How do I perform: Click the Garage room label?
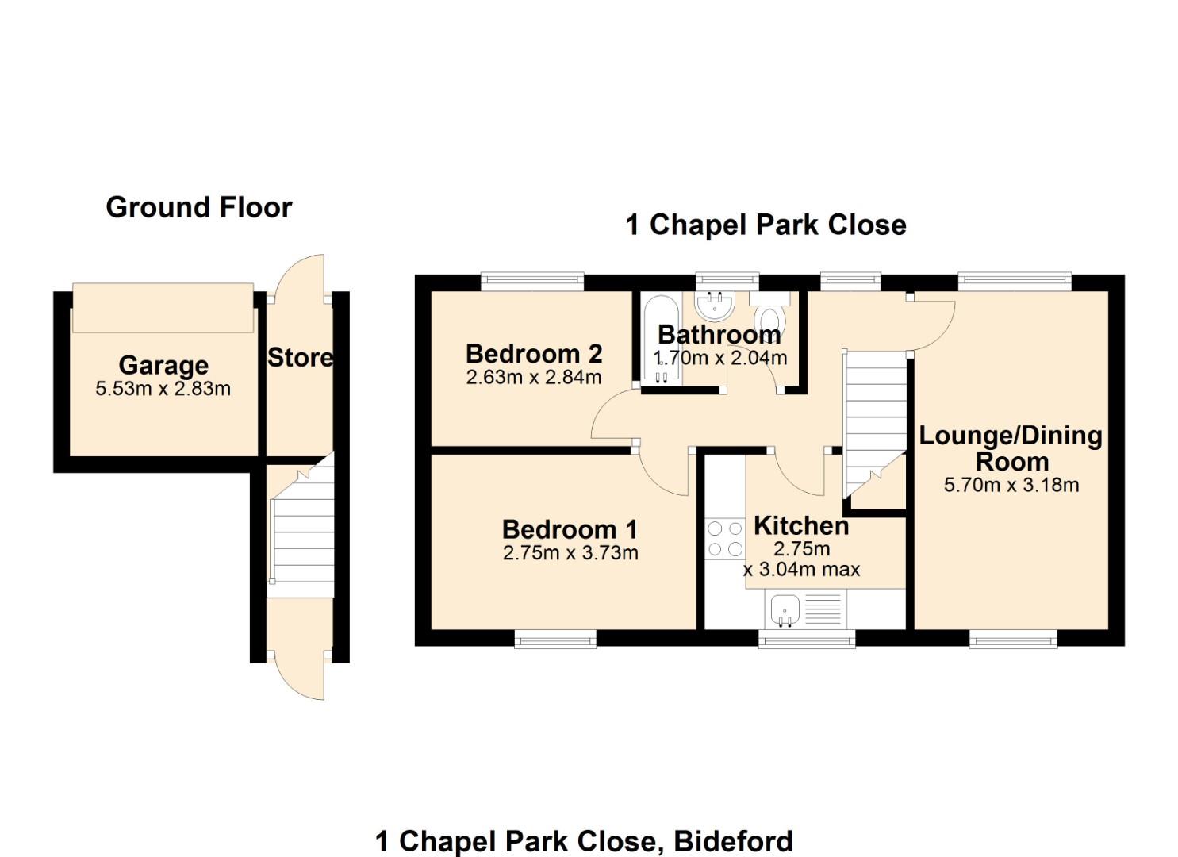[163, 365]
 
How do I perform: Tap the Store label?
[300, 358]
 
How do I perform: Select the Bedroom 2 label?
[534, 353]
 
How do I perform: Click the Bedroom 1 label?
[570, 529]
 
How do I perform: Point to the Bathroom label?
[719, 334]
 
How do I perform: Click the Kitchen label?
[801, 525]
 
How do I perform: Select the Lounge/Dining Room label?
[1011, 448]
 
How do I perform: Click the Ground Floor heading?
[199, 208]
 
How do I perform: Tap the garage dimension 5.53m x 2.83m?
[163, 389]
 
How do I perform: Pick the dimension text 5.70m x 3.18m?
[1011, 485]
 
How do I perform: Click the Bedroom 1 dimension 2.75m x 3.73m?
[570, 553]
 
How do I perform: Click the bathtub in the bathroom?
[660, 339]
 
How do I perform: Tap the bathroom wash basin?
[716, 303]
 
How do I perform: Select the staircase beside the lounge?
[874, 421]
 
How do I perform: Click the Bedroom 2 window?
[532, 279]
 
